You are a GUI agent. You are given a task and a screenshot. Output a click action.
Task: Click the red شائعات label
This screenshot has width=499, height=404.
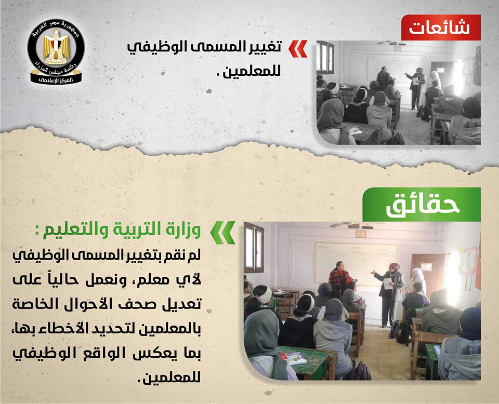pos(441,28)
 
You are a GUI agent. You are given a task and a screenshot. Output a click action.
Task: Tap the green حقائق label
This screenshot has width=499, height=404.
pos(422,205)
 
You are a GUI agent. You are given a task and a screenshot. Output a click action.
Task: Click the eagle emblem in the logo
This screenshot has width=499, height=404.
pos(56,46)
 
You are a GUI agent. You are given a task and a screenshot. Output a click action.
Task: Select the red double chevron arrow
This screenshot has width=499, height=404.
pos(298,49)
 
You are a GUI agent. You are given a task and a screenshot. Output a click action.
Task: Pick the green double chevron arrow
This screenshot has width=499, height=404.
pos(223,232)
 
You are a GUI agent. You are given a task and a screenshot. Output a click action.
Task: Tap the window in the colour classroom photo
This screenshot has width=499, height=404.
pos(254,248)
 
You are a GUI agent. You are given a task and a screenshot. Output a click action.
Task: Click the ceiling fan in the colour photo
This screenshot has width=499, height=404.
pos(349,225)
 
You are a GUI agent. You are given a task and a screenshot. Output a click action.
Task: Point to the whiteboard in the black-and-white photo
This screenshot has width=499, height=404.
pos(394,67)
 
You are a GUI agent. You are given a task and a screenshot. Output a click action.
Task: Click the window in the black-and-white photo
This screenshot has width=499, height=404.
pos(325,58)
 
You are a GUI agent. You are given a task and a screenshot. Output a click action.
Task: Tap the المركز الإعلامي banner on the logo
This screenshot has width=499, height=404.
pos(56,79)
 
